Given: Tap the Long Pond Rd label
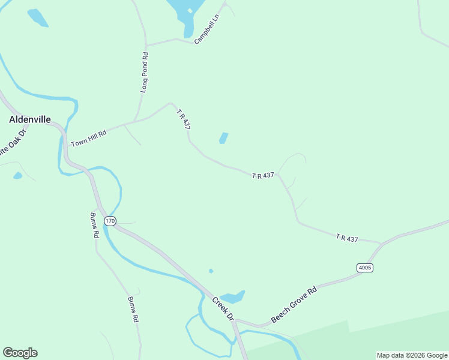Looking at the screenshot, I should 144,72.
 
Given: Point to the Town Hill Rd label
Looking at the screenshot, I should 88,138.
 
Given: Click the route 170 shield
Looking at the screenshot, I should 109,221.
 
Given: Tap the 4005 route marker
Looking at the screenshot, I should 364,268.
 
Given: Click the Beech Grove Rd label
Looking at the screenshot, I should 294,305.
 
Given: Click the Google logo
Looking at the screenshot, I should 20,353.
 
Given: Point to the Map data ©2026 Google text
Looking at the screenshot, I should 412,355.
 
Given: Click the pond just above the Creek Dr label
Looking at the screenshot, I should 232,296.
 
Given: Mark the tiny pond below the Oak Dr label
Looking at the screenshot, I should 17,176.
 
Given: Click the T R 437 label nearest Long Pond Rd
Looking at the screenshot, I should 183,119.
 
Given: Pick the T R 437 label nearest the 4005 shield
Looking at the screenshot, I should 347,239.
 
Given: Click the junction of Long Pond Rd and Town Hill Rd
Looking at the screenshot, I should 137,121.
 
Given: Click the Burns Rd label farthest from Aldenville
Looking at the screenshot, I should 133,310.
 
